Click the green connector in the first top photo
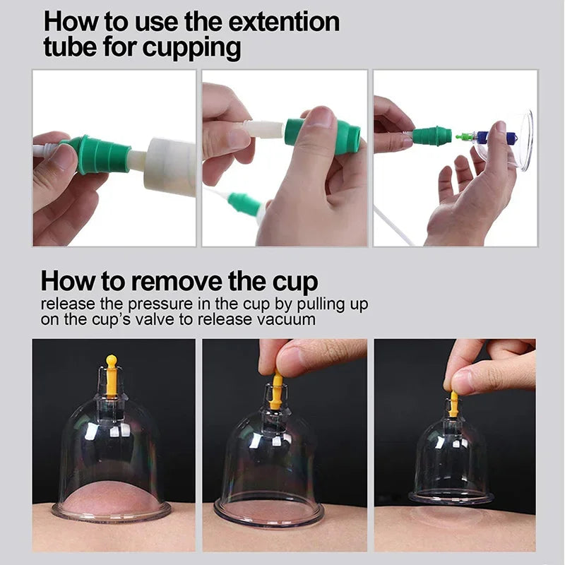pyautogui.click(x=99, y=154)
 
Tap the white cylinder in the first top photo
pyautogui.click(x=171, y=166)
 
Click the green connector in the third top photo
pyautogui.click(x=432, y=135)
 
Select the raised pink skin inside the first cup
pyautogui.click(x=112, y=496)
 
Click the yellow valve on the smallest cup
pyautogui.click(x=453, y=404)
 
